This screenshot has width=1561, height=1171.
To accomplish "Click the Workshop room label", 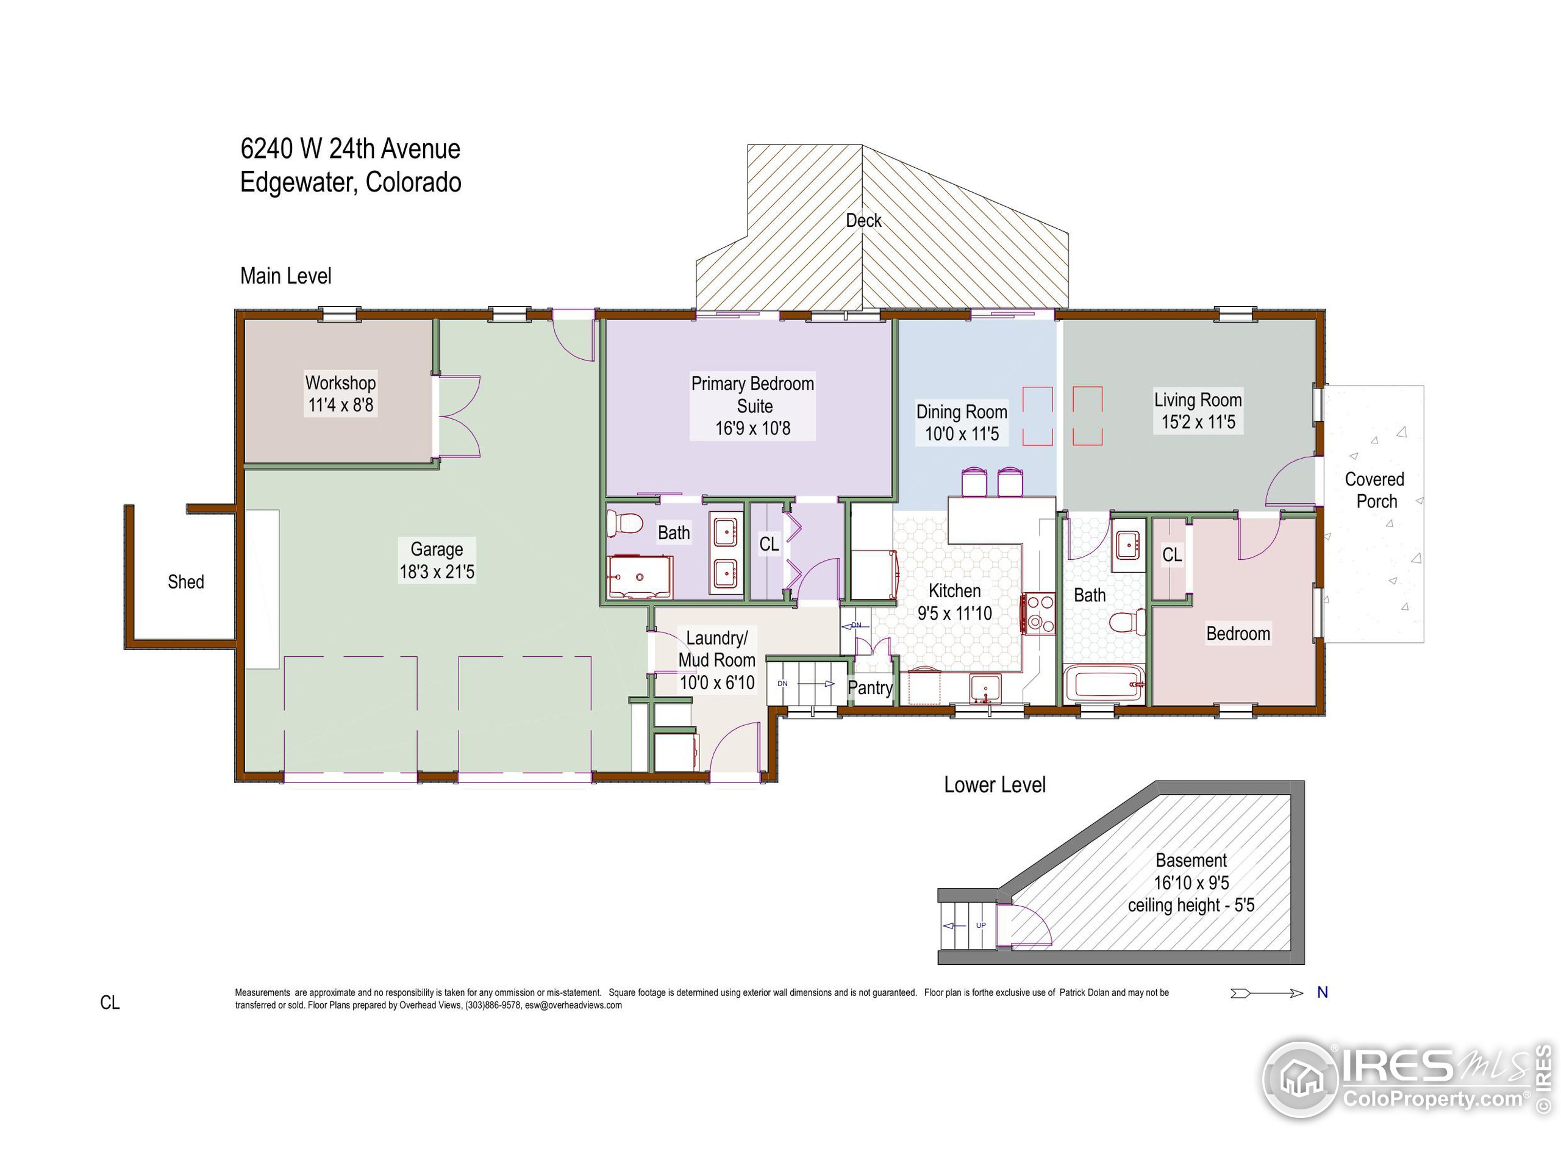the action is pyautogui.click(x=340, y=382).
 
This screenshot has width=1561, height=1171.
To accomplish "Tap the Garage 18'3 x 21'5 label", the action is pyautogui.click(x=437, y=560).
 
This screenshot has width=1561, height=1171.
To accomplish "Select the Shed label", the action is pyautogui.click(x=185, y=582).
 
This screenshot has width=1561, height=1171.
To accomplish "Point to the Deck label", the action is pyautogui.click(x=863, y=220).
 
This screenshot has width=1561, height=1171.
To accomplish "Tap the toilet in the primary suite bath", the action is pyautogui.click(x=624, y=523).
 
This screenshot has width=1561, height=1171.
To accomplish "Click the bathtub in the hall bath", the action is pyautogui.click(x=1104, y=683).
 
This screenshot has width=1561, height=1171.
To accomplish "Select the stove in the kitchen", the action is pyautogui.click(x=1038, y=614).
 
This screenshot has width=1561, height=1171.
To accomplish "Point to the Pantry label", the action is pyautogui.click(x=870, y=687).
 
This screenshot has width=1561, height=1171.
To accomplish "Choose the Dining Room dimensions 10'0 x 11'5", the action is pyautogui.click(x=962, y=434).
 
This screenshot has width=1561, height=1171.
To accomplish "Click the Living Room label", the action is pyautogui.click(x=1198, y=399).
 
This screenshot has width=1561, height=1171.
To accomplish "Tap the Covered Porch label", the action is pyautogui.click(x=1374, y=490).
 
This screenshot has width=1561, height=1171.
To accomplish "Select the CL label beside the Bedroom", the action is pyautogui.click(x=1171, y=555).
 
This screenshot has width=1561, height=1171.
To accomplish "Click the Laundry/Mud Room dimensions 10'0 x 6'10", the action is pyautogui.click(x=717, y=682).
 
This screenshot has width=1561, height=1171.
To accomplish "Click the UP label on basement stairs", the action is pyautogui.click(x=981, y=925).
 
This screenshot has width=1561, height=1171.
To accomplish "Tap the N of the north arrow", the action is pyautogui.click(x=1323, y=992).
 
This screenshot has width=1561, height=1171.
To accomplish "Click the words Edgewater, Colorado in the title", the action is pyautogui.click(x=351, y=183).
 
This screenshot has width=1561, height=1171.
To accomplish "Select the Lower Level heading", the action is pyautogui.click(x=995, y=785).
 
